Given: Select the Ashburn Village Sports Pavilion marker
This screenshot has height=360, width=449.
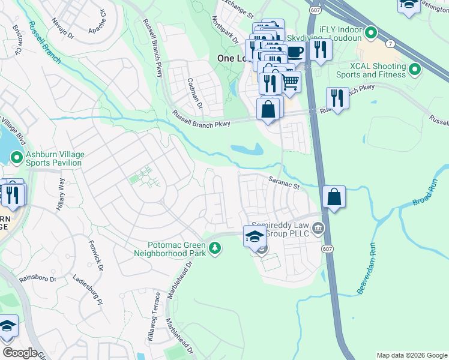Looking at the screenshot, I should (x=16, y=158).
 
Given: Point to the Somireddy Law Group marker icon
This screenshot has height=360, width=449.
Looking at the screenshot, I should (x=318, y=228).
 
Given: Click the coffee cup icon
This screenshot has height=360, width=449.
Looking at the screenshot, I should (x=295, y=52).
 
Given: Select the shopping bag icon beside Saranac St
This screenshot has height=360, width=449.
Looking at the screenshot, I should (x=334, y=197).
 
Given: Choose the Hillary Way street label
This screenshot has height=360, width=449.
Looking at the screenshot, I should (x=61, y=192).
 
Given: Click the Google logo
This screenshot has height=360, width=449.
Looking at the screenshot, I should (x=20, y=353).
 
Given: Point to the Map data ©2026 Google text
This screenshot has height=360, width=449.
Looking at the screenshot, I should (x=412, y=355).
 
